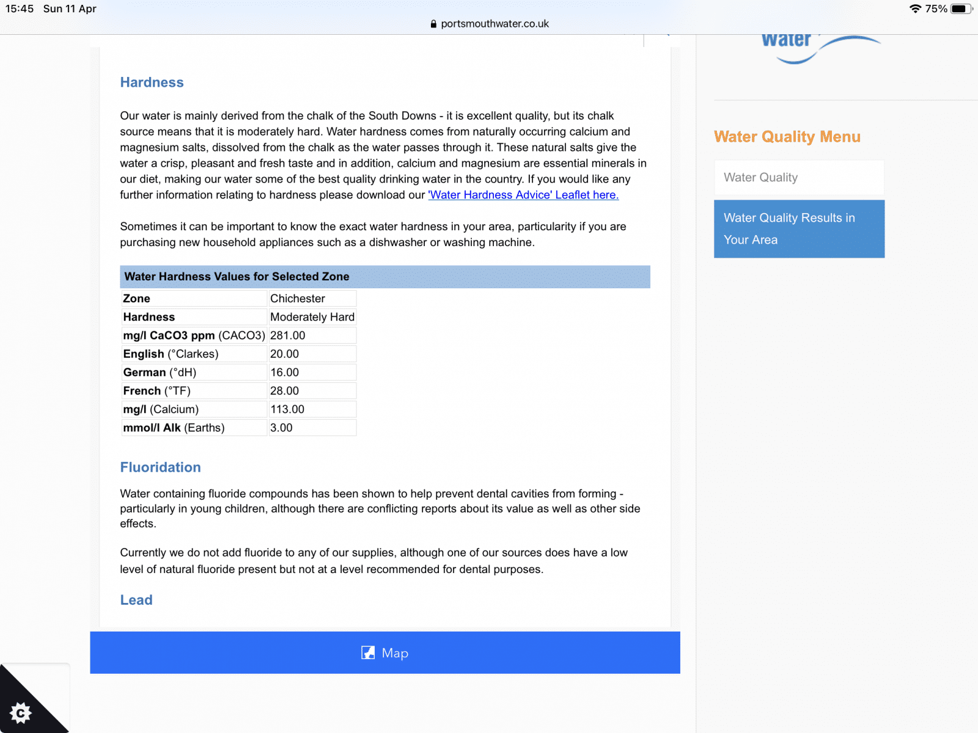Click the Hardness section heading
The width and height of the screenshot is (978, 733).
(152, 82)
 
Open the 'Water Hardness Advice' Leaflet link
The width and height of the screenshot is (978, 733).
(523, 195)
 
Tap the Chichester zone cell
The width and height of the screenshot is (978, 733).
(298, 299)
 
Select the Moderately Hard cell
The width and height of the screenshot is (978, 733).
(312, 317)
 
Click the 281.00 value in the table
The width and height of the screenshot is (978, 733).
(288, 335)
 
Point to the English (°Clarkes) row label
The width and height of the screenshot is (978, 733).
(171, 354)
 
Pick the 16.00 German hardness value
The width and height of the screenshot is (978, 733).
(285, 373)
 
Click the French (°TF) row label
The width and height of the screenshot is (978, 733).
(157, 391)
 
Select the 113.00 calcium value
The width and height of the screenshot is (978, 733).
(287, 409)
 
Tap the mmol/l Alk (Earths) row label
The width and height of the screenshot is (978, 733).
(174, 428)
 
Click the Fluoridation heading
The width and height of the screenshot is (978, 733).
(160, 467)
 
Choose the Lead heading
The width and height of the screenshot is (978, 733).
(136, 600)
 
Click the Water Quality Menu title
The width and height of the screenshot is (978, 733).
(787, 137)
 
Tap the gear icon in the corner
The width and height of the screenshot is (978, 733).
(21, 712)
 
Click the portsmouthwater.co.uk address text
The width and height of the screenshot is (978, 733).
(495, 24)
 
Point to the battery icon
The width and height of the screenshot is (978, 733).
(960, 9)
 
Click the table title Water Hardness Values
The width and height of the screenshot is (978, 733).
(237, 277)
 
